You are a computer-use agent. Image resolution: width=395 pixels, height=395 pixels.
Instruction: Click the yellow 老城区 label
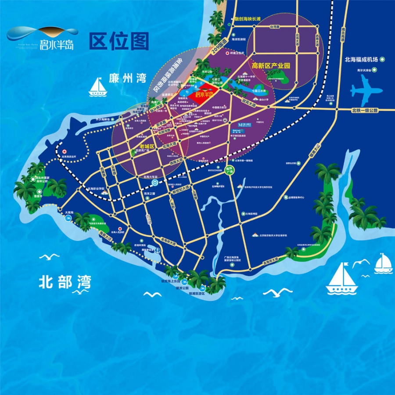(147, 145)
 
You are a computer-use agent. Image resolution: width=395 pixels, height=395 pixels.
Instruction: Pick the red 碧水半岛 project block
(204, 94)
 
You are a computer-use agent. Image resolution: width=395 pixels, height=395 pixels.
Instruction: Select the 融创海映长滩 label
(248, 19)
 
